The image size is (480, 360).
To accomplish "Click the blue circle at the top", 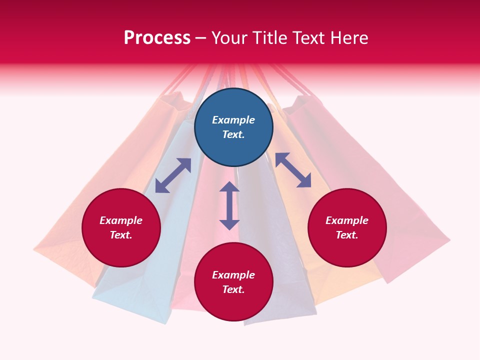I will coord(233,127).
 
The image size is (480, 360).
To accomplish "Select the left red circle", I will coord(121,227).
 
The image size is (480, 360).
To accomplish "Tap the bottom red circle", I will coord(233,281).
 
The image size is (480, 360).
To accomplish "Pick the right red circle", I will coord(347,227).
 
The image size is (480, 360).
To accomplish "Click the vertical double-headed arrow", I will coord(229,205).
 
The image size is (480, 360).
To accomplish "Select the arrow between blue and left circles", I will coord(173,175).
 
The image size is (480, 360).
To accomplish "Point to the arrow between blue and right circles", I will coord(293,170).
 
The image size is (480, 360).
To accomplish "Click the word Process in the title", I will coord(157,37).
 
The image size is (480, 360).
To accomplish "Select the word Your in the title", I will coord(228,37).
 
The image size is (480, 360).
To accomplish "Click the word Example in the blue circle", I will coord(233,120).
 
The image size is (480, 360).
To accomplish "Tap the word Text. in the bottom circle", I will coord(233,289).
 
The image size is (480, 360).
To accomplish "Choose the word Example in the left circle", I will coord(121,220).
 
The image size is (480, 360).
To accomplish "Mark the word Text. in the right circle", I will coord(347,235).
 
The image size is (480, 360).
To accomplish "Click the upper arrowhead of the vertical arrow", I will coord(229,187).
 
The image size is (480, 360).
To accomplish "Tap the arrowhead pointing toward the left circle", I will coord(161,186).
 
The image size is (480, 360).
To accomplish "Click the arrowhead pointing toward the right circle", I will coord(304,181).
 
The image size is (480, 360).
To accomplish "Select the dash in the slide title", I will coord(201,37).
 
